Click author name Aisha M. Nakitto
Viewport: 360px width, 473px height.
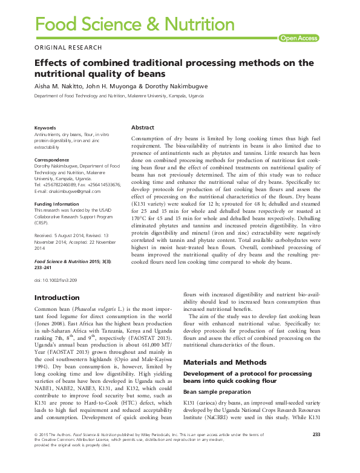(x=56, y=86)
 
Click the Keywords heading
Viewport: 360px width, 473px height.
(x=45, y=128)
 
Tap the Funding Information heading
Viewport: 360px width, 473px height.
(x=57, y=204)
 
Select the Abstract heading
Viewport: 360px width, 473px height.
(x=143, y=128)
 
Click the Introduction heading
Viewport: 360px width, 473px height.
(x=57, y=298)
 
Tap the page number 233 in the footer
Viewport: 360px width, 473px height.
(x=316, y=451)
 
